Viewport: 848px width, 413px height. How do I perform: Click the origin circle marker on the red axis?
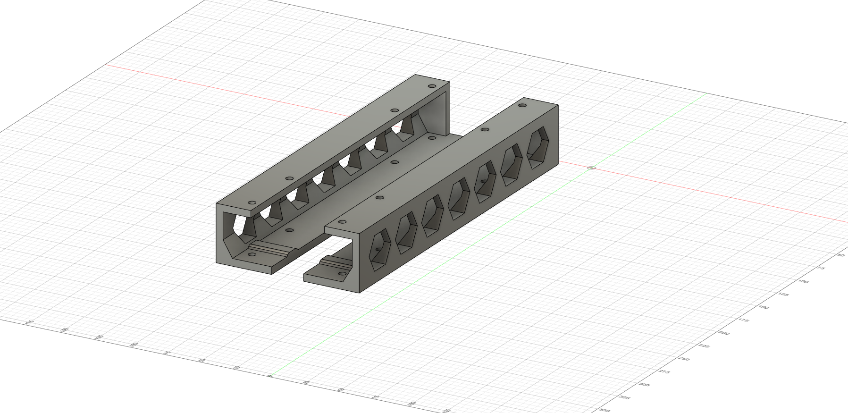pyautogui.click(x=591, y=168)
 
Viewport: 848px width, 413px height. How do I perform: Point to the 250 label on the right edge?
pyautogui.click(x=683, y=359)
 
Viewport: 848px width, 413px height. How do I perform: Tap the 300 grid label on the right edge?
pyautogui.click(x=643, y=384)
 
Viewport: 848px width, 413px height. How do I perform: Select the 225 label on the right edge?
pyautogui.click(x=704, y=346)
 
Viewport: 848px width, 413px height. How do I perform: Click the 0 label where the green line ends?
pyautogui.click(x=269, y=376)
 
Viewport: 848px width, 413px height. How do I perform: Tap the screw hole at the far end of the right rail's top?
pyautogui.click(x=522, y=105)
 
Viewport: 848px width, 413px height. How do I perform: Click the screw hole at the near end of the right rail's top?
pyautogui.click(x=343, y=221)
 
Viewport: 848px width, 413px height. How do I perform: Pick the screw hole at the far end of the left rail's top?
pyautogui.click(x=432, y=86)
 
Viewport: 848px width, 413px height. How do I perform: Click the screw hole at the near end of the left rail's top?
pyautogui.click(x=252, y=202)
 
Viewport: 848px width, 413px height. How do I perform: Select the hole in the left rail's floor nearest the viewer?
pyautogui.click(x=252, y=254)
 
